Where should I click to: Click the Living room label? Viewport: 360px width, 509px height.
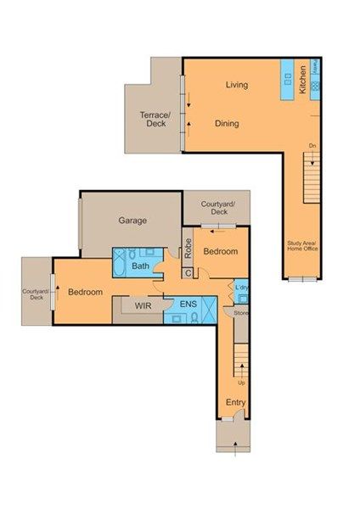[x=236, y=85]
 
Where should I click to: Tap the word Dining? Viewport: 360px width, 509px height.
[x=226, y=124]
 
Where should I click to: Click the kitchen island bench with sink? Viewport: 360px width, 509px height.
[x=287, y=80]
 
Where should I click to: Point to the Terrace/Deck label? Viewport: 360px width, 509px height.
[x=155, y=119]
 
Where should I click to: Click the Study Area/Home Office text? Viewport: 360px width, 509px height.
[x=301, y=246]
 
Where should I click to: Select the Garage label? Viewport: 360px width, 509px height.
[x=132, y=221]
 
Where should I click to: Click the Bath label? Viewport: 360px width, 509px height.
[x=140, y=266]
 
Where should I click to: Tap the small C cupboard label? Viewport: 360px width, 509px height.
[x=188, y=272]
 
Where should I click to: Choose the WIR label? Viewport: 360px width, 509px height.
[x=143, y=303]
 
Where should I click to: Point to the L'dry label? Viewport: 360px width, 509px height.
[x=240, y=288]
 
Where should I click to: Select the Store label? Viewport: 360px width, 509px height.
[x=240, y=313]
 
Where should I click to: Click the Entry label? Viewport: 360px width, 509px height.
[x=234, y=402]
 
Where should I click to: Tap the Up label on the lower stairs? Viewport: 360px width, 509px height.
[x=241, y=383]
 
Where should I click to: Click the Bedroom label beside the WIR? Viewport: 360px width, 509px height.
[x=85, y=293]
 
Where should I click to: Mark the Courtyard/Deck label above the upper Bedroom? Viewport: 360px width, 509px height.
[x=218, y=208]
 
